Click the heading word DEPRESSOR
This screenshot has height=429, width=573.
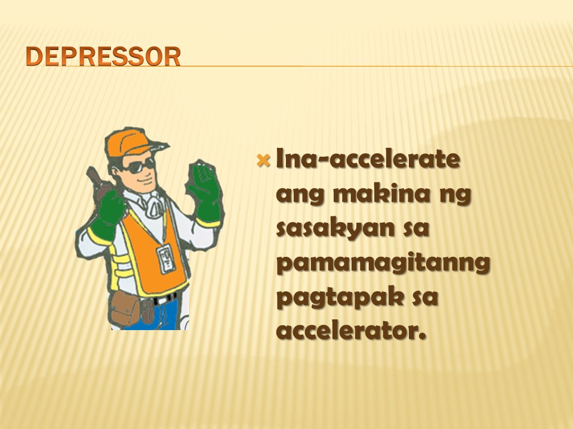[103, 57]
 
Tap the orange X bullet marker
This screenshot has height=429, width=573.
[263, 160]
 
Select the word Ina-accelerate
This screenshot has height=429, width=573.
[368, 158]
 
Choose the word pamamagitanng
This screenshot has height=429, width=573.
[383, 263]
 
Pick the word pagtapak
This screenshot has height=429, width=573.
[340, 298]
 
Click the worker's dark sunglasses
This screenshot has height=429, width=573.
[139, 166]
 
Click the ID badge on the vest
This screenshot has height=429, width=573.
[167, 258]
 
